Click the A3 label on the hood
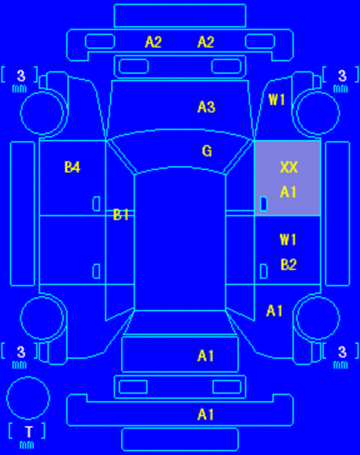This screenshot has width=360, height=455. (206, 107)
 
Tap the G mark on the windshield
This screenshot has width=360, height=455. (207, 151)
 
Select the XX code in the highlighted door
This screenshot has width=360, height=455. (289, 167)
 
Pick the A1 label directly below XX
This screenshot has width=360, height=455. (288, 192)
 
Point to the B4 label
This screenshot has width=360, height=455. (72, 167)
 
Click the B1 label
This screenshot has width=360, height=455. (121, 214)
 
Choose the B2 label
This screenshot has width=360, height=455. (289, 265)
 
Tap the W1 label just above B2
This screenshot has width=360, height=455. (288, 240)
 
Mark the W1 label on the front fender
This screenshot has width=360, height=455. (277, 99)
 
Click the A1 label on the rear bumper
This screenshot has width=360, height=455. (205, 414)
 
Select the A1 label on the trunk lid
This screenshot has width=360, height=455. (205, 356)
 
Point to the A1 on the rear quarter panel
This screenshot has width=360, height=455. (275, 311)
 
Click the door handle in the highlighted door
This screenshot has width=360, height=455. (263, 204)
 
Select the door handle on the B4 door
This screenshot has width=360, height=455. (97, 204)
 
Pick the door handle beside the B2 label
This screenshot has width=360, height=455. (263, 272)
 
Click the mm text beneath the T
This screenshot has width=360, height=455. (27, 445)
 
